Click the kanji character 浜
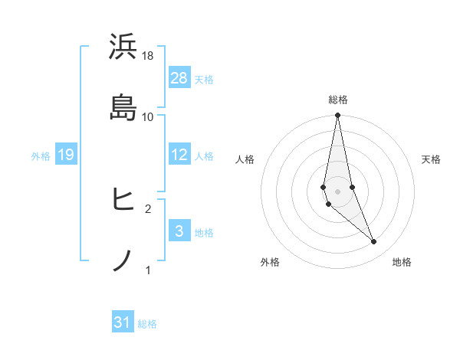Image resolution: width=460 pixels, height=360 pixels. (123, 47)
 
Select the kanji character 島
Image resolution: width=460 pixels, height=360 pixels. (123, 108)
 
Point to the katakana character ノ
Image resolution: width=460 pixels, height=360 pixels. (123, 260)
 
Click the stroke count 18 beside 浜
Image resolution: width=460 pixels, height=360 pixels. (148, 56)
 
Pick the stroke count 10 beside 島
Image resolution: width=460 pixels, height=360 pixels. (148, 116)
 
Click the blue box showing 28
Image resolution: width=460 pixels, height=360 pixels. (179, 77)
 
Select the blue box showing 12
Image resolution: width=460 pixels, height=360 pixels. (179, 155)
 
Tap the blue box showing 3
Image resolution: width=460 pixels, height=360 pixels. (179, 231)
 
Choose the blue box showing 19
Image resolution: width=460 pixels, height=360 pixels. (66, 155)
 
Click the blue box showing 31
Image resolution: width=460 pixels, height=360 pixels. (123, 322)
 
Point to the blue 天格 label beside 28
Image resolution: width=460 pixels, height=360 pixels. (204, 79)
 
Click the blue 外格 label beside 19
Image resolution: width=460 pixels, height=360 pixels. (41, 155)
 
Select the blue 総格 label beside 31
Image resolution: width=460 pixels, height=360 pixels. (147, 324)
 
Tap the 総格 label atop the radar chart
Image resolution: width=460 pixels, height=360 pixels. (337, 100)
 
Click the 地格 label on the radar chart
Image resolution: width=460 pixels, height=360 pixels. (402, 262)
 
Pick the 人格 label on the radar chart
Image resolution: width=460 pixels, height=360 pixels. (245, 159)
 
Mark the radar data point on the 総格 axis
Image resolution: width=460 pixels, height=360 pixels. (337, 116)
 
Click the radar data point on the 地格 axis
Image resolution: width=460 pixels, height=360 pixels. (374, 242)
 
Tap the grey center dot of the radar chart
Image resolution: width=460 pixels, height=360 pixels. (337, 191)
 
